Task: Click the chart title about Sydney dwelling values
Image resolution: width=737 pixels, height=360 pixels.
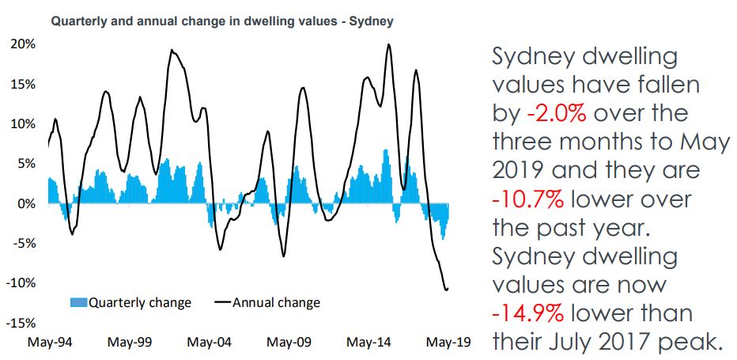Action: tap(222, 21)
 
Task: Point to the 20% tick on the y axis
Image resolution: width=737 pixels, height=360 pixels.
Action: tap(24, 44)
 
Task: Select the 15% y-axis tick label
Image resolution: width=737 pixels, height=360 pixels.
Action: tap(24, 84)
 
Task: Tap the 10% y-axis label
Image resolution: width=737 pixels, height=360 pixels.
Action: tap(24, 123)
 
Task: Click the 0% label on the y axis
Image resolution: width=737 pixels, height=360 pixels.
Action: tap(27, 203)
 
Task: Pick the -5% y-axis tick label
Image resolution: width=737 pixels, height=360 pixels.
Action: tap(25, 243)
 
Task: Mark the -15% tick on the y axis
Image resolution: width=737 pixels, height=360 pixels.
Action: tap(22, 323)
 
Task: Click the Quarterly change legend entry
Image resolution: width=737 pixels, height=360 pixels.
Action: tap(131, 302)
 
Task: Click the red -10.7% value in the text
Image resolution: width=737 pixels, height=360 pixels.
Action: tap(529, 199)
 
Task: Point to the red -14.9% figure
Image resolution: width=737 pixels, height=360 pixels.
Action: tap(527, 313)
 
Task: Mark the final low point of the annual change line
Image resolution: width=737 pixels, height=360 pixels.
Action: tap(446, 289)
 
